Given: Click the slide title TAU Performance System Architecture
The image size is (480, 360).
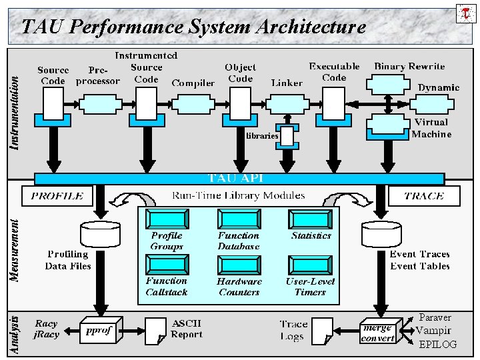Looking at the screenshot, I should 193,27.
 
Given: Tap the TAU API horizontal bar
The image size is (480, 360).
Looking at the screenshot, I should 239,178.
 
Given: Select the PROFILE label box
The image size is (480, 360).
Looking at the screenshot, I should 57,196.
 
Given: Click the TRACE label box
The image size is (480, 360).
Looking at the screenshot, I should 424,196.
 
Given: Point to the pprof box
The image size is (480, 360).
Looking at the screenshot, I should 99,331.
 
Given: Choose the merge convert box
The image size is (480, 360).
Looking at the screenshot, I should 377,332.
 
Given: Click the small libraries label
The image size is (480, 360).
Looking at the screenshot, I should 262,136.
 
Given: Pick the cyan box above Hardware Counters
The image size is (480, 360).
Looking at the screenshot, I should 239,265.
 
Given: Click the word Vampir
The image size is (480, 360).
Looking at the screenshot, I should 434,331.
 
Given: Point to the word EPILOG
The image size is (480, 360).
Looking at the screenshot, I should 438,345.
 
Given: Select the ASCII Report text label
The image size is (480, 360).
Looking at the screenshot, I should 187,329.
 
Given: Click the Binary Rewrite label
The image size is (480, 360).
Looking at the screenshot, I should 409,66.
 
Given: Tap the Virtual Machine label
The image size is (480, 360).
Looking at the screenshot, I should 431,128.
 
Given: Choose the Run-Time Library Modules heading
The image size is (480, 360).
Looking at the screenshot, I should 239,195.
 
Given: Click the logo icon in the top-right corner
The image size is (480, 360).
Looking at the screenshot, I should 465,12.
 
